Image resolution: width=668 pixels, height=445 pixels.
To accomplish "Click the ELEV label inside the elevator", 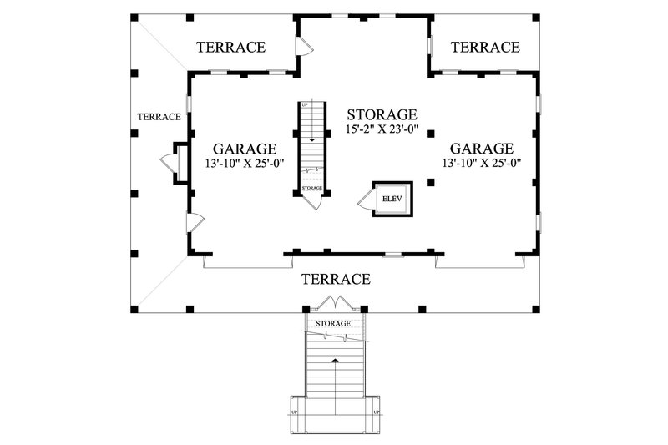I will pyautogui.click(x=392, y=199).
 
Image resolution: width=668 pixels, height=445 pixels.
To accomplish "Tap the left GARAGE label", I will pyautogui.click(x=244, y=149).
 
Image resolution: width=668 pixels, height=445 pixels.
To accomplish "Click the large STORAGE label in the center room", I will pyautogui.click(x=382, y=114).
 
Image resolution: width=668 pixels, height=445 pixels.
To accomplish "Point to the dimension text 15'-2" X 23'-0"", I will pyautogui.click(x=382, y=130).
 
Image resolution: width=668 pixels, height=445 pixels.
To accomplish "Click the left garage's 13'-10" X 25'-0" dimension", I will pyautogui.click(x=245, y=164).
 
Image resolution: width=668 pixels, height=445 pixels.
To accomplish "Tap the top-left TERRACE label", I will pyautogui.click(x=231, y=48).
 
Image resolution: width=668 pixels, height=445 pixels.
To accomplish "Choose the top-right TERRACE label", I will pyautogui.click(x=485, y=48).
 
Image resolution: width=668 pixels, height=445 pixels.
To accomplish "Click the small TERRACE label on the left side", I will pyautogui.click(x=159, y=117).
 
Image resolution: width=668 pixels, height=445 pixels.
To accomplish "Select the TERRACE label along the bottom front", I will pyautogui.click(x=336, y=279).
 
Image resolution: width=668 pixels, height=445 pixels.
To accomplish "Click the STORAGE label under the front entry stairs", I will pyautogui.click(x=333, y=323).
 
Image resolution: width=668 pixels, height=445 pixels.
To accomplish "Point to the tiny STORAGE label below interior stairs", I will pyautogui.click(x=312, y=188).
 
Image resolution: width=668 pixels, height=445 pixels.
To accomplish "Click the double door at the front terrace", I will pyautogui.click(x=334, y=301).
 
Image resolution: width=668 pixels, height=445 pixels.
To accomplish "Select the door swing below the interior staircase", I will pyautogui.click(x=314, y=201).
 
